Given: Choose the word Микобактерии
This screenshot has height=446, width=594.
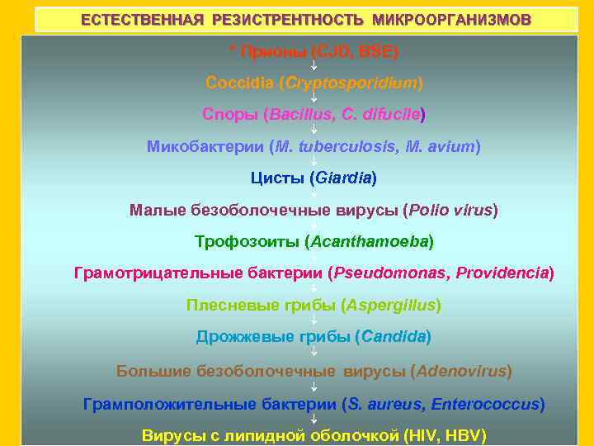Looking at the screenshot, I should click(205, 146).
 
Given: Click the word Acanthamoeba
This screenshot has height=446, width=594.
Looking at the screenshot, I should click(369, 241).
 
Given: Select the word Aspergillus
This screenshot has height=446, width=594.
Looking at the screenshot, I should click(391, 305).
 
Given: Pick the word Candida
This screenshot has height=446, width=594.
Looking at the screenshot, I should click(393, 336).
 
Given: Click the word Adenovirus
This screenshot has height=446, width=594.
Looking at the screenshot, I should click(461, 371).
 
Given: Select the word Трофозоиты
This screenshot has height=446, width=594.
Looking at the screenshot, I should click(247, 241).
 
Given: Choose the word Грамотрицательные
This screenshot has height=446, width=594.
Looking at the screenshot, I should click(156, 273).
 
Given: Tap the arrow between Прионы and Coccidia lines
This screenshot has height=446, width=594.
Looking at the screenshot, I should click(313, 66).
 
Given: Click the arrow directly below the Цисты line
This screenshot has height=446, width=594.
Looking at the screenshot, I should click(313, 193).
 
